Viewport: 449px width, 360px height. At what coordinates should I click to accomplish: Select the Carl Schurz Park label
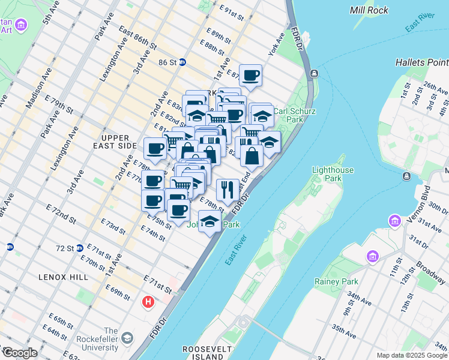click(289, 115)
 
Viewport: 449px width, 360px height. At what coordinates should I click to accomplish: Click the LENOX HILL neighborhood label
click(63, 277)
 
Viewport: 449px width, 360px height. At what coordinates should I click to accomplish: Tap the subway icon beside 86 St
click(182, 62)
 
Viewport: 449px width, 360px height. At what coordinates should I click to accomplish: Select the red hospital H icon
click(148, 302)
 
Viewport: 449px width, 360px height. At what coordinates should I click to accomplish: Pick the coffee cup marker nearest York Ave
click(250, 75)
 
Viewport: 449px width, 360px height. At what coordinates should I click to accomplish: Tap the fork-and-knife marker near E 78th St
click(228, 190)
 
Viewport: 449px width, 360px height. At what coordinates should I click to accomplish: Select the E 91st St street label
click(233, 13)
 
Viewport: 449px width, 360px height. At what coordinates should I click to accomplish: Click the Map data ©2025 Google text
click(411, 355)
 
